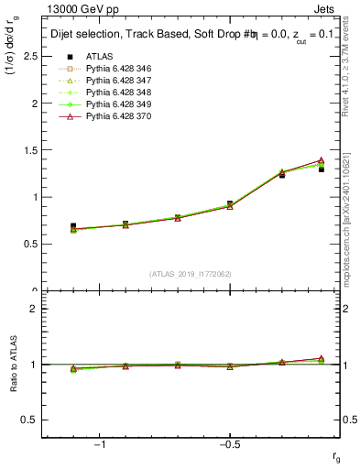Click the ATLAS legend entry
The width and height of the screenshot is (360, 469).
98,56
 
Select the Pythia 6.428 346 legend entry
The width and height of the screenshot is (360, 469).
115,69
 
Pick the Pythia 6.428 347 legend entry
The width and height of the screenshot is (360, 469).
115,81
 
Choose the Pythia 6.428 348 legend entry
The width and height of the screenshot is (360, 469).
115,93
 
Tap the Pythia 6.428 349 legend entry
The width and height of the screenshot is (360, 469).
115,104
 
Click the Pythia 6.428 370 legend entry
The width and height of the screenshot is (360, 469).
115,116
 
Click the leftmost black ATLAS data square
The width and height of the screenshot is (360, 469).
73,226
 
